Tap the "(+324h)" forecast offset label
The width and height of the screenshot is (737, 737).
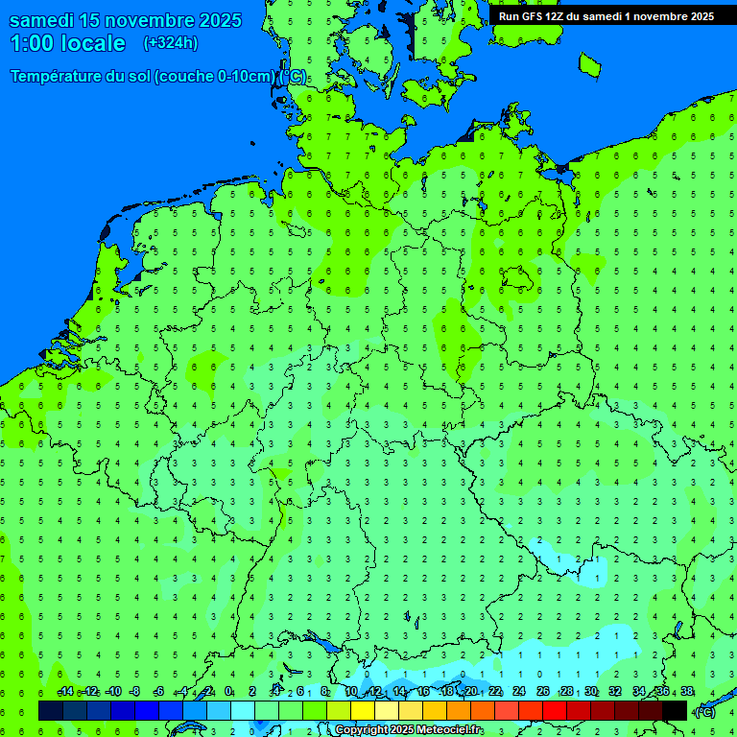(x=171, y=43)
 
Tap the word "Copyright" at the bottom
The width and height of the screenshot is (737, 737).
(x=363, y=730)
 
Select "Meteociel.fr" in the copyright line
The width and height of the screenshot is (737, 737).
(x=450, y=730)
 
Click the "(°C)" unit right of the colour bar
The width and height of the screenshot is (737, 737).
(x=705, y=712)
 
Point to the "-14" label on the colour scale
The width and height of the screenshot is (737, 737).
(x=65, y=692)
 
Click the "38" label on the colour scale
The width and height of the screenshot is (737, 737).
(x=687, y=692)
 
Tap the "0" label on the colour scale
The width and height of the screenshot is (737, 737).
(x=228, y=692)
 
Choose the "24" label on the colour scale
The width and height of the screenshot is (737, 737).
(x=519, y=692)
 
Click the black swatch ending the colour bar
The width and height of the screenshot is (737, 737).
(x=675, y=711)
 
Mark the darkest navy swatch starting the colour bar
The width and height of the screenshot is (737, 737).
(x=51, y=711)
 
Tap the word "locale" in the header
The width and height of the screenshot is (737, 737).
(x=93, y=43)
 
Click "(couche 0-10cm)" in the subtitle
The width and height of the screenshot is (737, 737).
(x=215, y=76)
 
